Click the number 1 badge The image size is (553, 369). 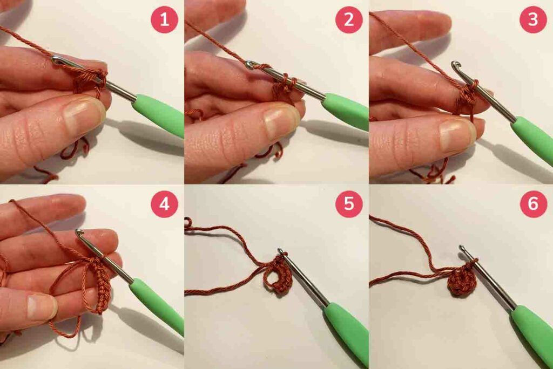[164, 19]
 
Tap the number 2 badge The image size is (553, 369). [349, 19]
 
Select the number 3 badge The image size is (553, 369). [533, 19]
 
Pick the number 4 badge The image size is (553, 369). [164, 204]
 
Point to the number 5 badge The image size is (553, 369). [349, 204]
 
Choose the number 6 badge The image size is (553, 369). [533, 204]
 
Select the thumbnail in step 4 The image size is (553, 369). [42, 306]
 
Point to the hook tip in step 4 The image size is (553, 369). [79, 233]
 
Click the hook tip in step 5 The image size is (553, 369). [281, 250]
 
